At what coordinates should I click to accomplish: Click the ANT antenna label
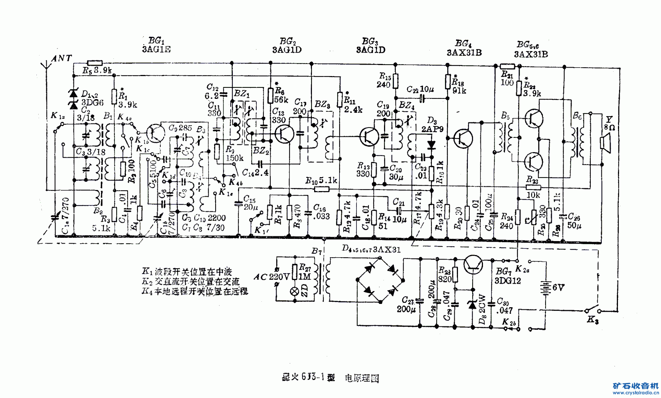pyautogui.click(x=61, y=58)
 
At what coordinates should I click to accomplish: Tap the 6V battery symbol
pyautogui.click(x=545, y=287)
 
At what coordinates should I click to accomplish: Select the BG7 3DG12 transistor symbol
pyautogui.click(x=473, y=265)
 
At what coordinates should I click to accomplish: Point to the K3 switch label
pyautogui.click(x=592, y=320)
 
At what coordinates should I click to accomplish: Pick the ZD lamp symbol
pyautogui.click(x=295, y=291)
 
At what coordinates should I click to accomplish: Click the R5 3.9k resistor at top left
pyautogui.click(x=95, y=63)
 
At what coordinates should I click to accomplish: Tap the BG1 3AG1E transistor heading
pyautogui.click(x=156, y=45)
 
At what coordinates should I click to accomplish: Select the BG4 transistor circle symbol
pyautogui.click(x=463, y=138)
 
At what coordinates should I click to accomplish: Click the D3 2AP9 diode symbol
pyautogui.click(x=431, y=145)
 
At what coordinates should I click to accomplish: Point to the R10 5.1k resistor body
pyautogui.click(x=322, y=189)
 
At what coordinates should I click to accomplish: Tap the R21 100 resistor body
pyautogui.click(x=507, y=66)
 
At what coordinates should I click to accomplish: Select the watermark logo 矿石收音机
pyautogui.click(x=636, y=386)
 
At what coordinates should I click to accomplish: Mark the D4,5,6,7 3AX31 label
pyautogui.click(x=371, y=249)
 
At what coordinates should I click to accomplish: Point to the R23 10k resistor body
pyautogui.click(x=533, y=187)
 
